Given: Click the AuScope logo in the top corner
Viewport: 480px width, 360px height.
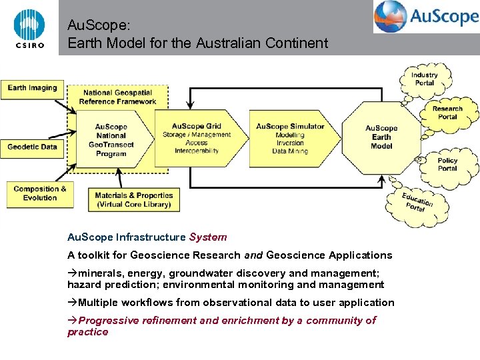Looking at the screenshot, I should point(426,17).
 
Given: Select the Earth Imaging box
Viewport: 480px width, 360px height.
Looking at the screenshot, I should point(32,89).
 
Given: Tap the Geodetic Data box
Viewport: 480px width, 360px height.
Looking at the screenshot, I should point(32,147).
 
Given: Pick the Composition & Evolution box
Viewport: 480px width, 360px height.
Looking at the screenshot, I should point(40,193).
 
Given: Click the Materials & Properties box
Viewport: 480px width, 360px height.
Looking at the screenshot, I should point(133,200).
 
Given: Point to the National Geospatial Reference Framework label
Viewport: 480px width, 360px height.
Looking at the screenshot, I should point(117,97).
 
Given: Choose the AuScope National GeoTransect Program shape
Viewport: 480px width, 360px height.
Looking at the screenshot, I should point(111,140).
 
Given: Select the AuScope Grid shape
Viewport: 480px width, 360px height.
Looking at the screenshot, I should point(196,139).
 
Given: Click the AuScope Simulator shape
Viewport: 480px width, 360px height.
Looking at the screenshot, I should point(290,139).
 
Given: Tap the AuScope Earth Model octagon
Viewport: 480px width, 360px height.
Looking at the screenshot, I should point(381,137).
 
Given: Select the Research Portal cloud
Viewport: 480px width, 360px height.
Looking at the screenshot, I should point(447,113).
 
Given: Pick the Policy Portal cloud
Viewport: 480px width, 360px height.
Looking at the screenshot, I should point(447,165).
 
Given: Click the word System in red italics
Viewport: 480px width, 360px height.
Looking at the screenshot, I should point(208,237).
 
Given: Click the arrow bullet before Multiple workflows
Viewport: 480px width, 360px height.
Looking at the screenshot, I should point(72,303).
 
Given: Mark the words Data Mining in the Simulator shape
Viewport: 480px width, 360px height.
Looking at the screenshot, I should point(290,151).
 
